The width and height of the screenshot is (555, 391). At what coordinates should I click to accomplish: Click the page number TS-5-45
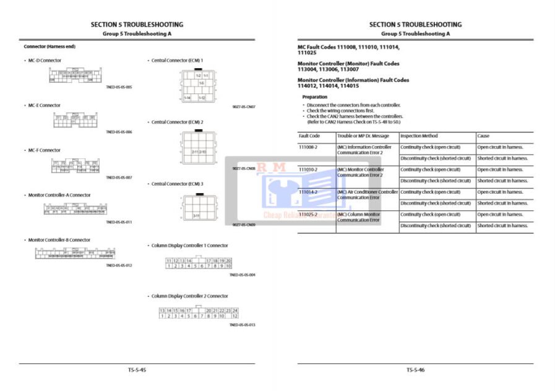tap(137, 370)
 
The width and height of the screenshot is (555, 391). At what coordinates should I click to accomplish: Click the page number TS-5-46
tap(415, 370)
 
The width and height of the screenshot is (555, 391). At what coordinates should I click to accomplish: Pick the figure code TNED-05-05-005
tap(119, 87)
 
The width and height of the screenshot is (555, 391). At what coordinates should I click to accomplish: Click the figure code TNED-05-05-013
tap(242, 325)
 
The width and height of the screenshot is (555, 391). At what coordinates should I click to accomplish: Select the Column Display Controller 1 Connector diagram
tap(199, 263)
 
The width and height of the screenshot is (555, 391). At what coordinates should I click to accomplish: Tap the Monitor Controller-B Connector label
tap(59, 240)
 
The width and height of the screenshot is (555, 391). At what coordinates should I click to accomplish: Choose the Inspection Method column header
tap(419, 135)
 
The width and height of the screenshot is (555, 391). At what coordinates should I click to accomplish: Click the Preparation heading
tap(314, 97)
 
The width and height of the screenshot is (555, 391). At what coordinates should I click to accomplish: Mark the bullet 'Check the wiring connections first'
tap(340, 111)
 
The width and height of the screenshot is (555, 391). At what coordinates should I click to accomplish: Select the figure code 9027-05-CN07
tap(244, 106)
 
